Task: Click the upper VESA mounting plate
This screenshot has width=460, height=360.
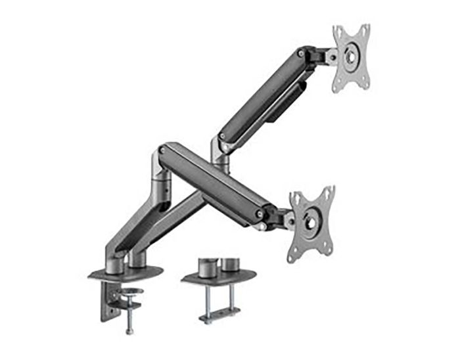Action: pos(352,57)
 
